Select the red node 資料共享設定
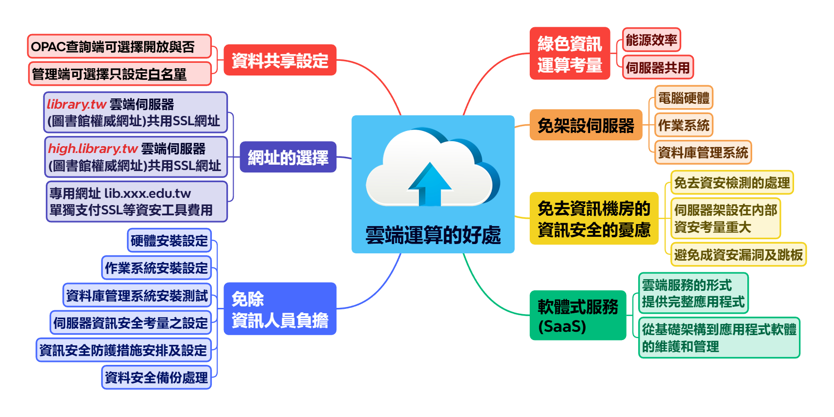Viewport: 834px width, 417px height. point(280,60)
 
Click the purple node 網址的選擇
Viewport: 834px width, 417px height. point(288,157)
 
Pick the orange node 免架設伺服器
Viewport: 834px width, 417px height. point(586,126)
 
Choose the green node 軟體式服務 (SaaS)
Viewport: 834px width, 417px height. point(577,316)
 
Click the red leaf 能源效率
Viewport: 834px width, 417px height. point(651,40)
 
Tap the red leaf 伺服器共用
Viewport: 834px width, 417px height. point(657,68)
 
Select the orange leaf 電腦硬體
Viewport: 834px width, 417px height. point(683,98)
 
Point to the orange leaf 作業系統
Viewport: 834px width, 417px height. point(683,125)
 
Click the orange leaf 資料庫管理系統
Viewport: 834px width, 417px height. point(703,152)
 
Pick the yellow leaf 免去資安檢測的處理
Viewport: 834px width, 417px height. point(732,183)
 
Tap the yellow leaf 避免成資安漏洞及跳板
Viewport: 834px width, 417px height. point(738,254)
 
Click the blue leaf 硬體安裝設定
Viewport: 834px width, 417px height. point(169,241)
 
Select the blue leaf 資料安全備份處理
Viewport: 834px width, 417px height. point(156,377)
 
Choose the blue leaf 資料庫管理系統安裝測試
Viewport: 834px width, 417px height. point(137,295)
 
